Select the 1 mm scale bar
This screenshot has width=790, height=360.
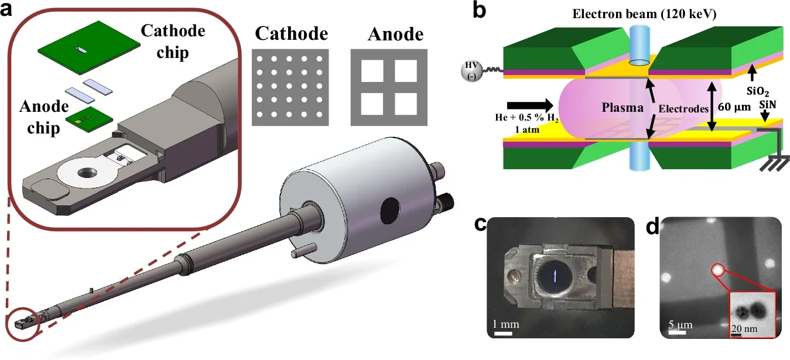[x=504, y=334]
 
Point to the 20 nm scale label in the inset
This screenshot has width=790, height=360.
[x=743, y=329]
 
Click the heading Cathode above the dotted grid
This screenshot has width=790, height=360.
[x=291, y=34]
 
